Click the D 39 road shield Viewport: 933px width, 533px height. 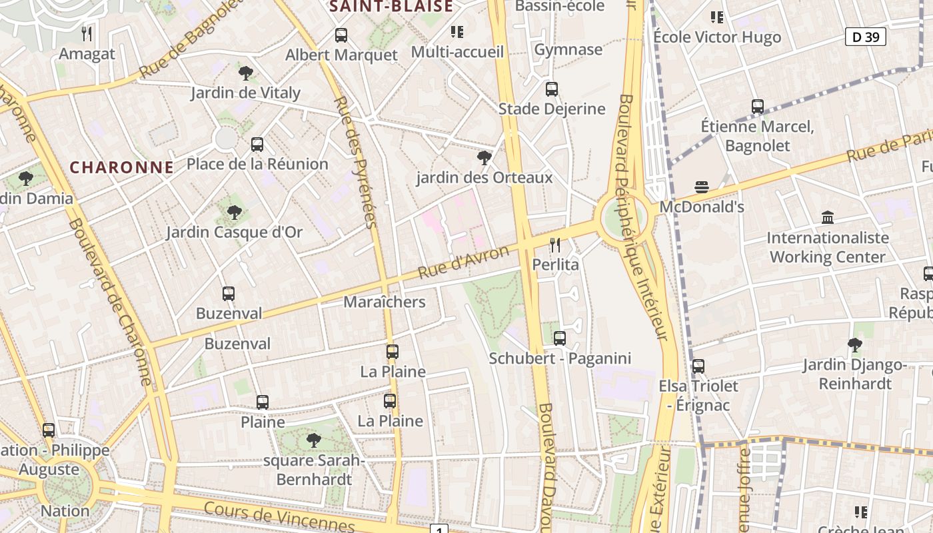pos(866,37)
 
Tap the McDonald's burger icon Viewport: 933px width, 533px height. pos(701,187)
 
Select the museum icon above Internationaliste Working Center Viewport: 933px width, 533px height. pos(828,217)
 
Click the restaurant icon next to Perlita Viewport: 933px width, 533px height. pos(555,245)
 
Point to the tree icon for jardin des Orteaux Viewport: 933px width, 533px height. pos(484,158)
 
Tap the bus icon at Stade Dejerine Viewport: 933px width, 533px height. pos(552,89)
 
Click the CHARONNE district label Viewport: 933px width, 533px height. pos(122,167)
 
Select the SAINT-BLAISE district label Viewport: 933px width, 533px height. pos(391,7)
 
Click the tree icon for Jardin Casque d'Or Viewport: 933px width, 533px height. pos(234,213)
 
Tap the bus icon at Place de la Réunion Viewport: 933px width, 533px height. pos(257,144)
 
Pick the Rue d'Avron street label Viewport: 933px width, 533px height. pos(463,262)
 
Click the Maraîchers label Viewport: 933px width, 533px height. pos(385,302)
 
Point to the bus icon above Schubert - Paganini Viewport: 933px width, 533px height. pos(560,338)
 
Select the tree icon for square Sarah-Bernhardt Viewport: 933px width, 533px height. pos(313,440)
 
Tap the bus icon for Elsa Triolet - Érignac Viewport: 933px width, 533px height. pos(698,366)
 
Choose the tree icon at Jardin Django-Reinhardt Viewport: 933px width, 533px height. pos(854,344)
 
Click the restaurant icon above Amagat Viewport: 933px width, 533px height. pos(87,33)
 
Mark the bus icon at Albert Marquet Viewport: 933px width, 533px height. pos(341,35)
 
